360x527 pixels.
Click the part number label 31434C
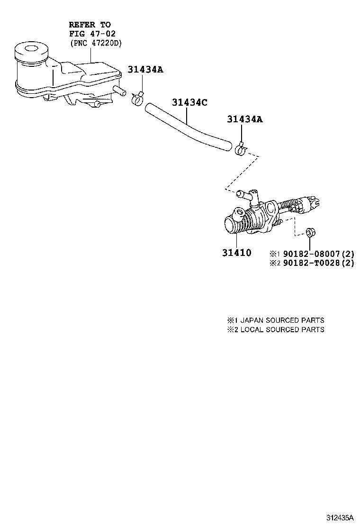pos(189,103)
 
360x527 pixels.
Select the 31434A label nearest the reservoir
pos(145,70)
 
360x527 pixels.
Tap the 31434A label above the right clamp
pos(244,119)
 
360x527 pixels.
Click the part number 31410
pos(236,253)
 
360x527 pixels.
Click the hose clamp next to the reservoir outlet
pos(138,99)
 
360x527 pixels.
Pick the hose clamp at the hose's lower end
pos(241,150)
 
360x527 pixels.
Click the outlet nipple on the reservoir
pos(121,91)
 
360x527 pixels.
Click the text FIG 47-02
pos(92,33)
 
